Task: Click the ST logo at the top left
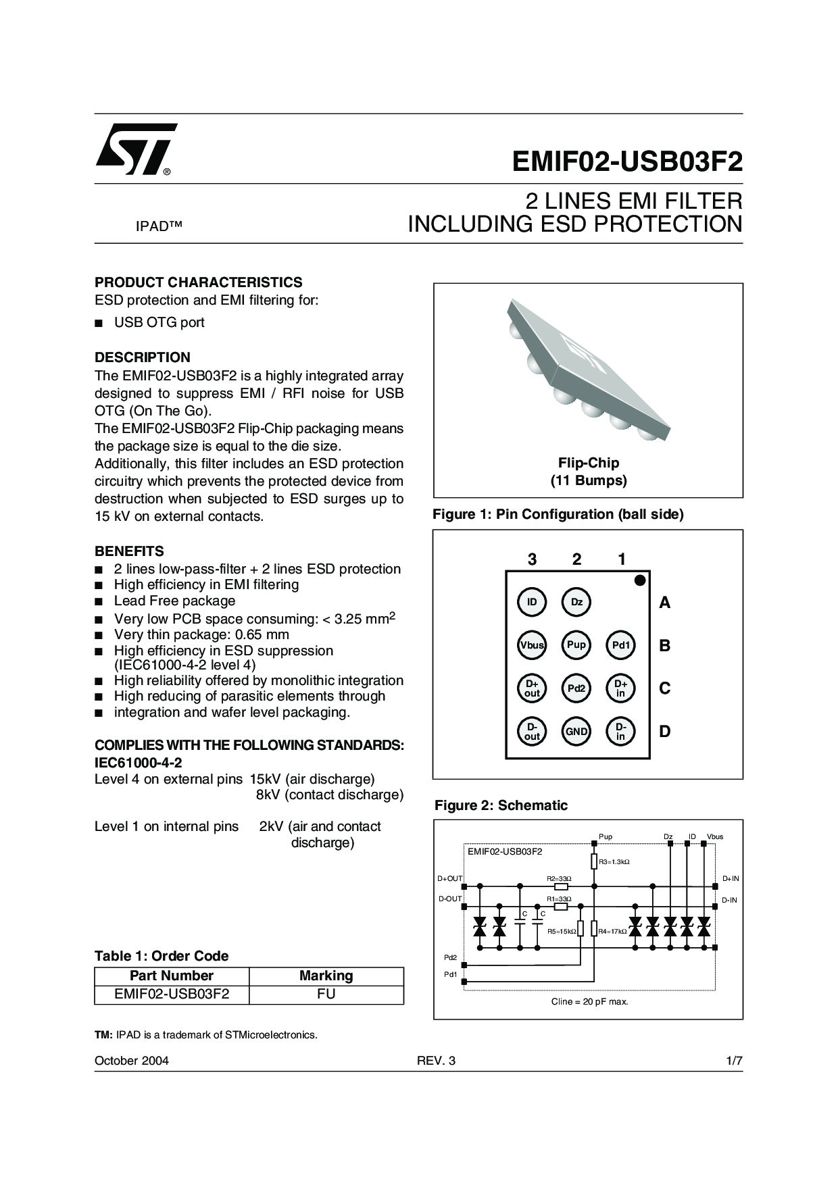[x=136, y=149]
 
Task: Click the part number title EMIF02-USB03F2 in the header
[x=626, y=162]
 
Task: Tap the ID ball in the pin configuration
[x=532, y=602]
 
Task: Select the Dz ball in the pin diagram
[x=576, y=602]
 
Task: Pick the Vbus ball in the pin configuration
[x=532, y=645]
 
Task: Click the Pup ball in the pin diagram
[x=576, y=645]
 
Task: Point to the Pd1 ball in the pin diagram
[x=620, y=645]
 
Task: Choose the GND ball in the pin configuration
[x=576, y=732]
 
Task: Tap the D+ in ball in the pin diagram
[x=620, y=688]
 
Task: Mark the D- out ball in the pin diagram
[x=532, y=732]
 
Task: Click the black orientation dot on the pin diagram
[x=640, y=580]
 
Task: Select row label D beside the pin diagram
[x=665, y=732]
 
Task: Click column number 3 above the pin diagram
[x=533, y=559]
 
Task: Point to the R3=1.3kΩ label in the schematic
[x=614, y=862]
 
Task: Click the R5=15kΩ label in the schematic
[x=562, y=932]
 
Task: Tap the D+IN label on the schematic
[x=731, y=878]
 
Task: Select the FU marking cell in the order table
[x=326, y=994]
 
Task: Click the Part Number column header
[x=172, y=976]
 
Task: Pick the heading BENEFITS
[x=129, y=551]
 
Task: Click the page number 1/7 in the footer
[x=734, y=1061]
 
